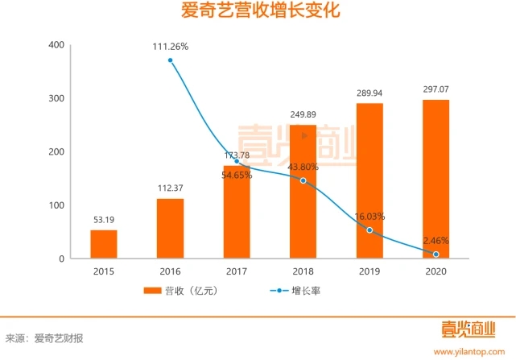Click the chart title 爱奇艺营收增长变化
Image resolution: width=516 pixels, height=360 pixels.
[258, 13]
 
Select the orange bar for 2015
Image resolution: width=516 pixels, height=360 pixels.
[104, 244]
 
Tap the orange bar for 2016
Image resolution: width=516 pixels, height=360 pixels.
[170, 228]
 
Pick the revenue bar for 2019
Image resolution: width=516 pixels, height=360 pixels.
[369, 180]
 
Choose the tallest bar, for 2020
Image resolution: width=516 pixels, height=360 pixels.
[436, 179]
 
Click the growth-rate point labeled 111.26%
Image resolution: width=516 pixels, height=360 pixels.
[171, 60]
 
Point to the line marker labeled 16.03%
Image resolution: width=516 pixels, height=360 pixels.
[369, 230]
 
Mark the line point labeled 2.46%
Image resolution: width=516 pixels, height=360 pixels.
[436, 254]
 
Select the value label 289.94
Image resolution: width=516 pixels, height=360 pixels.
[369, 92]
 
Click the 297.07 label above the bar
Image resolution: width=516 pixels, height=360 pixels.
[436, 88]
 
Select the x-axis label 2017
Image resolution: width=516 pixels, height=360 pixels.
[237, 271]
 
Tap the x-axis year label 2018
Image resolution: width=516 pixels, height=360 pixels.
[303, 271]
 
